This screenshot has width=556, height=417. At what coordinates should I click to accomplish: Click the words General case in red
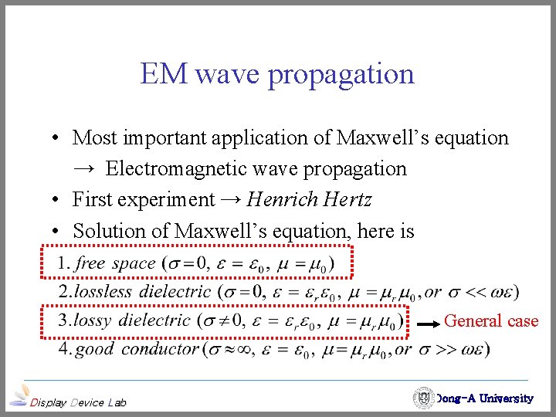pos(491,320)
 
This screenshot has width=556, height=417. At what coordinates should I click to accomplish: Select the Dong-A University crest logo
pos(423,398)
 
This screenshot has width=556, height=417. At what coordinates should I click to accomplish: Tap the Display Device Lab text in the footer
pos(77,402)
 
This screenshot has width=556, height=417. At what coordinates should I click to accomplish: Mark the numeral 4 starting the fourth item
pos(64,349)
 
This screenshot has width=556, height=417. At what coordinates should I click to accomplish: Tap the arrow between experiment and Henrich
pos(231,200)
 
